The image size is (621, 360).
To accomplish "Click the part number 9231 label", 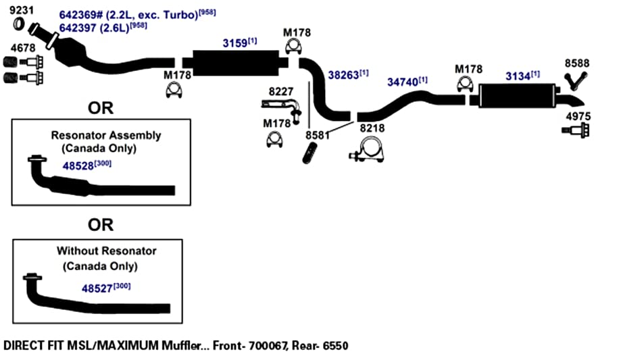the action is point(22,10).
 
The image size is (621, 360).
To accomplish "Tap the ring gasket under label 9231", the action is point(19,24).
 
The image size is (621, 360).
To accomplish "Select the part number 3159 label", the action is point(235,43).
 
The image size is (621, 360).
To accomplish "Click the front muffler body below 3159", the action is point(235,63).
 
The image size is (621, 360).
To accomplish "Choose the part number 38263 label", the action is point(343,75).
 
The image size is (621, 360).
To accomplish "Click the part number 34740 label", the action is point(402,82).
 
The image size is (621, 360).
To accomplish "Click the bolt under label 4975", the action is point(576,130).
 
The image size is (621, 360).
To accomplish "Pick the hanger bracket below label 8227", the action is point(281,107).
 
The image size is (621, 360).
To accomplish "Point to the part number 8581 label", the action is point(317,136).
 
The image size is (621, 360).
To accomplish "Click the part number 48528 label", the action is point(78,166).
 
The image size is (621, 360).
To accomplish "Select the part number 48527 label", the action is point(97,288).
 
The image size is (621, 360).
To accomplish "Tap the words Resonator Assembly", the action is point(105,136).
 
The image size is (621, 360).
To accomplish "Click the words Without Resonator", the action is point(106,251).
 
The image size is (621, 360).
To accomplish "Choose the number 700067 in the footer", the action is point(268,346).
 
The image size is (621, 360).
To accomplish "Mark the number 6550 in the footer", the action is point(335,346).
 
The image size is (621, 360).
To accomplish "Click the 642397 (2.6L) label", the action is point(94,28).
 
